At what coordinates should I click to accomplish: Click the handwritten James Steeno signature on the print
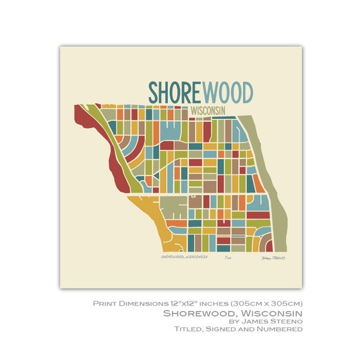tap(273, 258)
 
